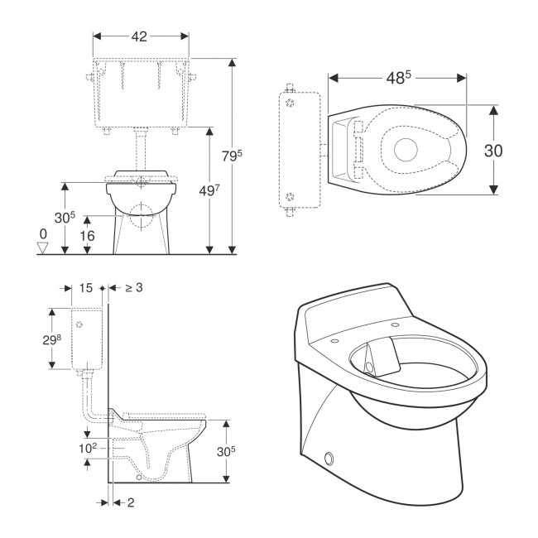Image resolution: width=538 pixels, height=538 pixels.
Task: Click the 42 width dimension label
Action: pyautogui.click(x=139, y=36)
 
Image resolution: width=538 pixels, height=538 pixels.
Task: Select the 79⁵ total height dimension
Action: pyautogui.click(x=232, y=156)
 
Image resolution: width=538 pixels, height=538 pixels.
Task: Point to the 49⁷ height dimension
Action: pyautogui.click(x=209, y=190)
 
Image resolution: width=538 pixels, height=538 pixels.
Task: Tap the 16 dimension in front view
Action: pyautogui.click(x=88, y=236)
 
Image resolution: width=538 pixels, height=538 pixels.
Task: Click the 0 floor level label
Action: pyautogui.click(x=43, y=234)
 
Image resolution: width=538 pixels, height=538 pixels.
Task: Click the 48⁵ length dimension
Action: pyautogui.click(x=398, y=78)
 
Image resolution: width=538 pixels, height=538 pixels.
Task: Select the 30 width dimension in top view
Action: pyautogui.click(x=493, y=151)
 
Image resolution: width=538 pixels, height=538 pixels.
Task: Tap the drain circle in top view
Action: pyautogui.click(x=406, y=150)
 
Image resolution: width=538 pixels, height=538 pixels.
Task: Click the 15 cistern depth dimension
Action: pyautogui.click(x=86, y=288)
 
